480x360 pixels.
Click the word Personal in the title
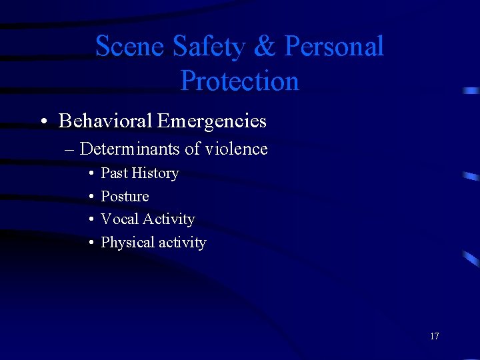pos(335,47)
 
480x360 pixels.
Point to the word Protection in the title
pos(239,81)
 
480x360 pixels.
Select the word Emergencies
pos(212,121)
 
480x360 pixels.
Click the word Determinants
pos(130,149)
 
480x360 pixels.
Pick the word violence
pos(236,149)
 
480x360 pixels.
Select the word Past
pos(114,173)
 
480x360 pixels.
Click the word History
pos(155,173)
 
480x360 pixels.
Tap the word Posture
pos(125,197)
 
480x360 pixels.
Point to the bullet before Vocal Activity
pos(90,220)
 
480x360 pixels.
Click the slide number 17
pos(435,336)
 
